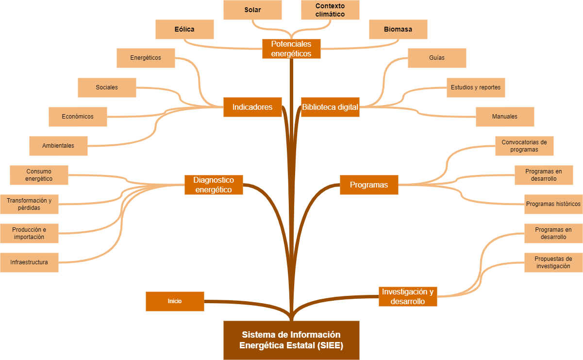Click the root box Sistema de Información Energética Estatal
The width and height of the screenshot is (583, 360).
coord(291,340)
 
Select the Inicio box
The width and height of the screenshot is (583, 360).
coord(175,301)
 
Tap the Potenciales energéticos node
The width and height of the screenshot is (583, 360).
coord(291,49)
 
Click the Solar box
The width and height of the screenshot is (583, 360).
coord(252,10)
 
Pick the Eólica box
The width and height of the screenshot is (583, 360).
coord(184,29)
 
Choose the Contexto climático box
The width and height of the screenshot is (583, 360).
coord(330,10)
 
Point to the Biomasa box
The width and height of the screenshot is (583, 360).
coord(398,29)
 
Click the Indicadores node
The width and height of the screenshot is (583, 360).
coord(252,107)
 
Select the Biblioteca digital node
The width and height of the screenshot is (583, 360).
coord(330,107)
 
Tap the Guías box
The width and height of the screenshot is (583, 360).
coord(437,58)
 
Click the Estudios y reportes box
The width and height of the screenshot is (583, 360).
coord(476,87)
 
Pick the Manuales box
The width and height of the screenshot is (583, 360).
coord(505,117)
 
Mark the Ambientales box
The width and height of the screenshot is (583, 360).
coord(58,146)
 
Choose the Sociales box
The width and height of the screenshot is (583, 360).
coord(107,87)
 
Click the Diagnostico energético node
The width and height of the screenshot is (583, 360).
coord(214,185)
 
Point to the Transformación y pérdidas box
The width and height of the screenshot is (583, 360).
coord(29,204)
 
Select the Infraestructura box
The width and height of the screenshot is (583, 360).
coord(29,262)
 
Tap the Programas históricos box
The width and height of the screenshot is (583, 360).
coord(553,204)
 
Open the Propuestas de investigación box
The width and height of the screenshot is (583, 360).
coord(553,262)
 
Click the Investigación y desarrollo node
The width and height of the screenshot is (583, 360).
coord(408,296)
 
